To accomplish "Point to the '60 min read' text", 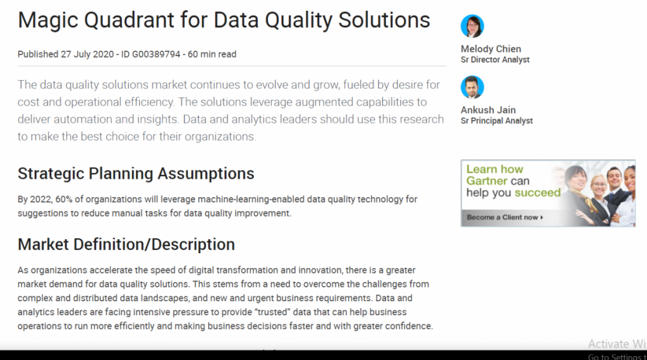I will [x=212, y=54].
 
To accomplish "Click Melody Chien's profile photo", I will [x=472, y=26].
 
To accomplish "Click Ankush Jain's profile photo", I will [x=472, y=87].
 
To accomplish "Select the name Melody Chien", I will [x=491, y=49].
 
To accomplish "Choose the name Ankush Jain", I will [x=488, y=110].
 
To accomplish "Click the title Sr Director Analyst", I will [x=495, y=60].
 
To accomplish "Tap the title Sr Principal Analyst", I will [x=497, y=121].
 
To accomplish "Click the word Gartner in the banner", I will [x=487, y=181].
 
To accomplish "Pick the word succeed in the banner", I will [x=538, y=193].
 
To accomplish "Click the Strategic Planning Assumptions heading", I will [x=136, y=174].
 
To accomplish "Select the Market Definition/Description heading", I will [x=126, y=244].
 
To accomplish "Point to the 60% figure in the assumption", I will [x=64, y=200].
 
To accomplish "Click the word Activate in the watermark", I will [x=608, y=344].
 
